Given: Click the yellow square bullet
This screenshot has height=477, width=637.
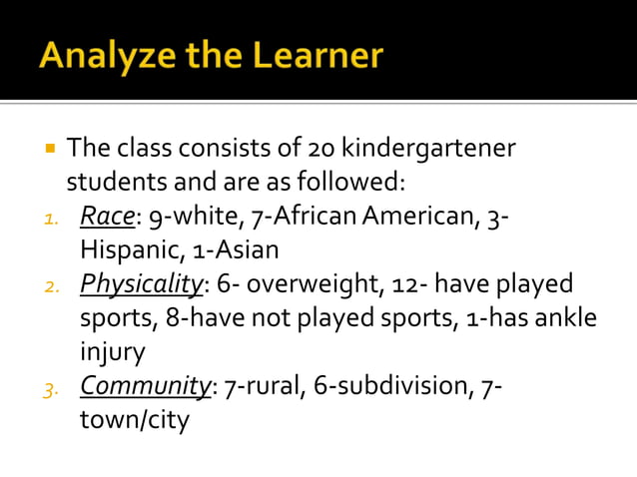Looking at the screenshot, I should (x=48, y=149).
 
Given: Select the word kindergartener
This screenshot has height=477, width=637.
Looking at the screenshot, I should (x=428, y=150).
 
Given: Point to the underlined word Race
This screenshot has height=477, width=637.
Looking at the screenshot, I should (x=100, y=217).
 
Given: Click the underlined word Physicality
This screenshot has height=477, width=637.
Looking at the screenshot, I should (x=141, y=284).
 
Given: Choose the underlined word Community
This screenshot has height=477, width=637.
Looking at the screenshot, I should (x=145, y=386).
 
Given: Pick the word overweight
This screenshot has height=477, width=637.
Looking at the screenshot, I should (x=311, y=284).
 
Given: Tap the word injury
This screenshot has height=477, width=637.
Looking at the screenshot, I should (x=113, y=352).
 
